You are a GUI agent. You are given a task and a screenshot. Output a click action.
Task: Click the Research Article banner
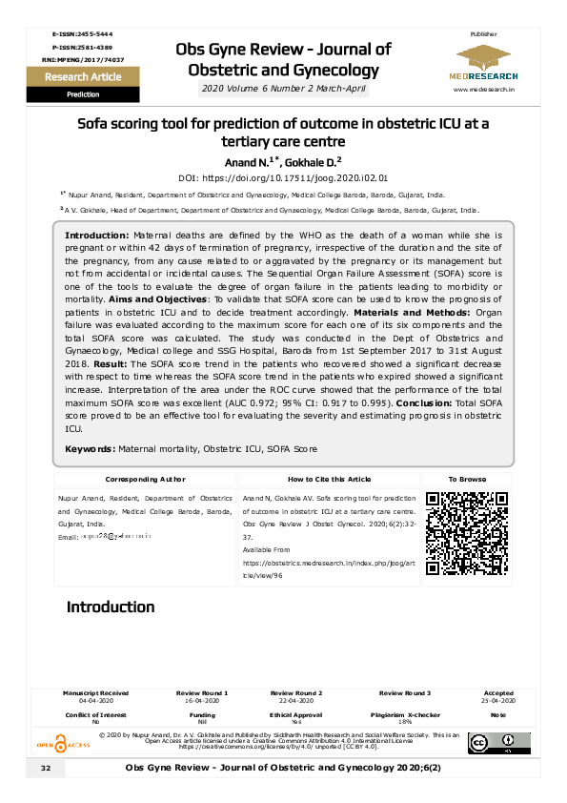84,77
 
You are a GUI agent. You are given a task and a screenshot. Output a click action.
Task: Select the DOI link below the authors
283,177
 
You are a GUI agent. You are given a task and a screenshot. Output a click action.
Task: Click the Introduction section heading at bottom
110,607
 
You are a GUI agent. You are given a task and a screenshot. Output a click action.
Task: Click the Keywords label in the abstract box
91,449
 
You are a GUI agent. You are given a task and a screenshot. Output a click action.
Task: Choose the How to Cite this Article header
330,480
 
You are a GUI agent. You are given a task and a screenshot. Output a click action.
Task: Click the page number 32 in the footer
45,769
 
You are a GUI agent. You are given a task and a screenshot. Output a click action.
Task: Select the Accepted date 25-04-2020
498,700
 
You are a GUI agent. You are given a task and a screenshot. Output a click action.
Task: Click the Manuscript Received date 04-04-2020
95,700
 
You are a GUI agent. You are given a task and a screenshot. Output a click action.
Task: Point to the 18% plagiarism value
405,722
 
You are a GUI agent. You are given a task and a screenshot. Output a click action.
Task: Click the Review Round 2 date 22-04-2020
296,700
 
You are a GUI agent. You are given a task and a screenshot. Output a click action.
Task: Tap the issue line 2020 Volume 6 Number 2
283,89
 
